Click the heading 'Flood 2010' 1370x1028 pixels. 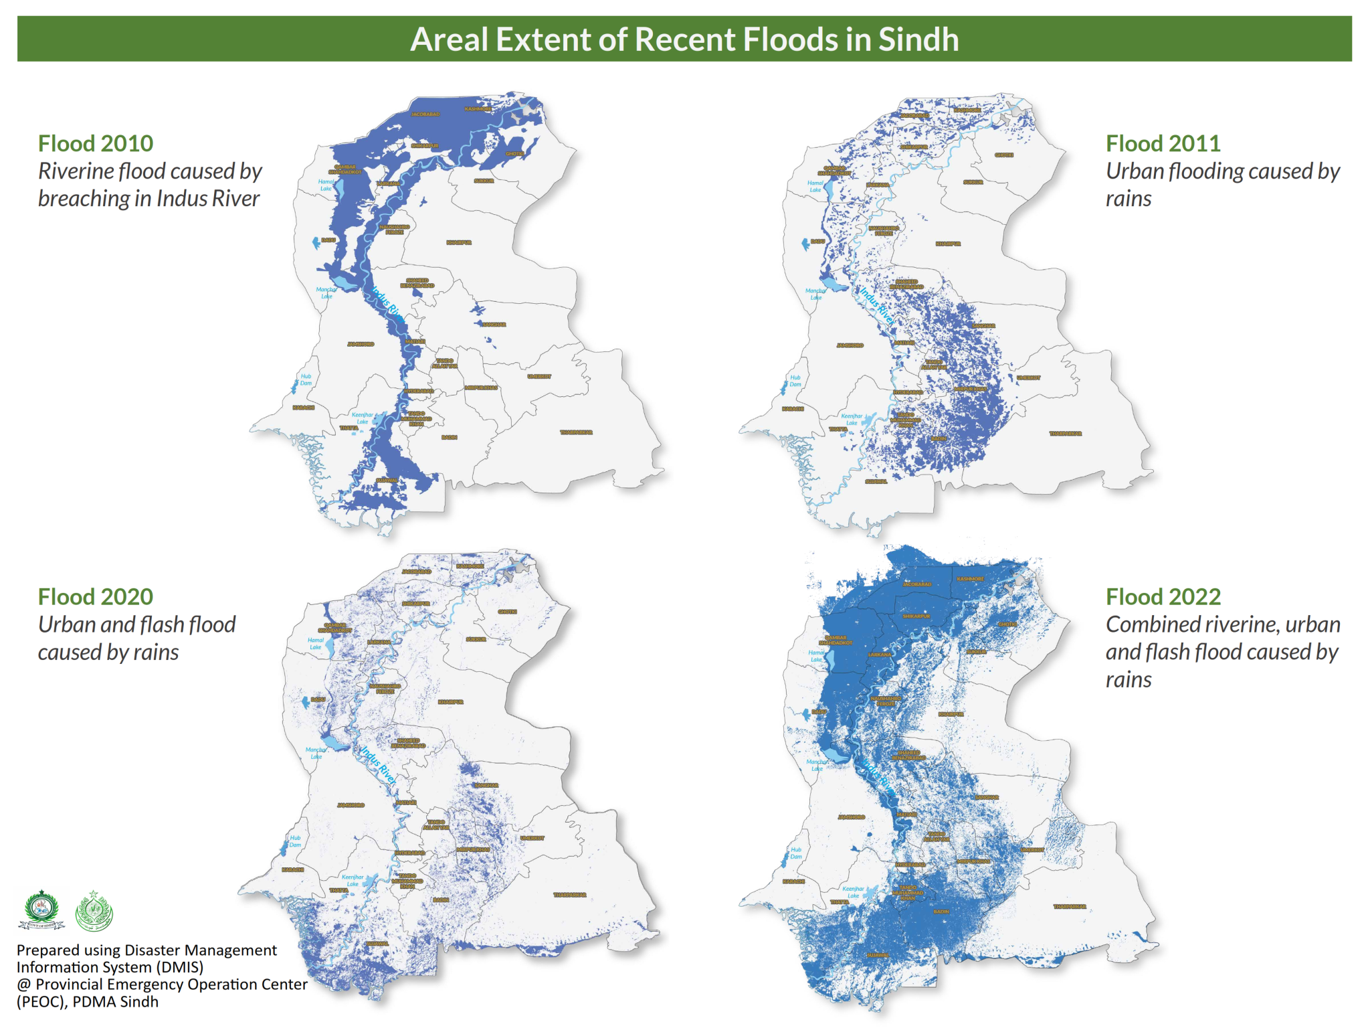pyautogui.click(x=95, y=143)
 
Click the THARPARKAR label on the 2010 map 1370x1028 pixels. pyautogui.click(x=576, y=432)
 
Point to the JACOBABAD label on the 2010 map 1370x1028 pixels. pyautogui.click(x=425, y=114)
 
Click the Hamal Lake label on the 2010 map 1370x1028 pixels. pyautogui.click(x=326, y=185)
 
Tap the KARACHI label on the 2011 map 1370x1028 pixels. pyautogui.click(x=793, y=408)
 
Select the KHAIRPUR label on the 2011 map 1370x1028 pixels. pyautogui.click(x=948, y=244)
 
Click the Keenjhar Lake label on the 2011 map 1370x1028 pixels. pyautogui.click(x=852, y=419)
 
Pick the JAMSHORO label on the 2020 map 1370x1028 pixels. pyautogui.click(x=351, y=805)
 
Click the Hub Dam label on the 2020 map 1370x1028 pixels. pyautogui.click(x=295, y=841)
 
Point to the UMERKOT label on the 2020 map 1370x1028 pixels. pyautogui.click(x=532, y=838)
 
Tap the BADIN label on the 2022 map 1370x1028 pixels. pyautogui.click(x=941, y=912)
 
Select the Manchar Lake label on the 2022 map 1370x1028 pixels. pyautogui.click(x=817, y=765)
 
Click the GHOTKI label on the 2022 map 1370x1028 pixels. pyautogui.click(x=1007, y=624)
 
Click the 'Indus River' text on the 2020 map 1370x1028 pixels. pyautogui.click(x=378, y=764)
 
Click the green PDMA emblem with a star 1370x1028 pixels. pyautogui.click(x=94, y=912)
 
